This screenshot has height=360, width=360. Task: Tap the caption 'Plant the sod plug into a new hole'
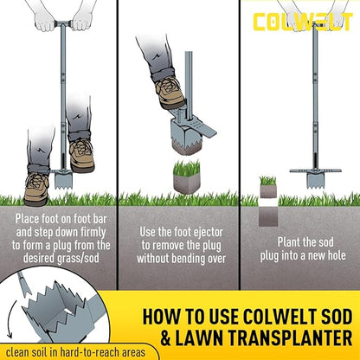pyautogui.click(x=299, y=248)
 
